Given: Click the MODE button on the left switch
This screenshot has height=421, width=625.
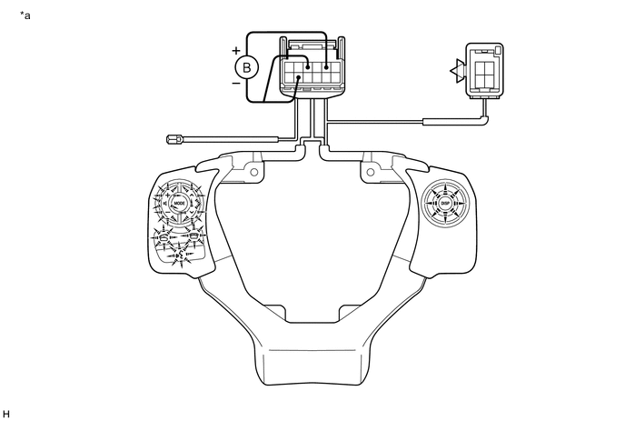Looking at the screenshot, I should (x=178, y=202).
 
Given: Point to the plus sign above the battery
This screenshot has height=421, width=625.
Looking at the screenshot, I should (x=236, y=50).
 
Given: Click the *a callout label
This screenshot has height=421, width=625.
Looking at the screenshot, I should (x=25, y=15).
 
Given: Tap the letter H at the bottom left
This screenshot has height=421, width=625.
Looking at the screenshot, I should (x=7, y=413).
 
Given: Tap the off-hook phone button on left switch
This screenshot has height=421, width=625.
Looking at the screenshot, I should (x=164, y=238).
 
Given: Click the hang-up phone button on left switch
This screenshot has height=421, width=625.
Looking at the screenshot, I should (x=193, y=236).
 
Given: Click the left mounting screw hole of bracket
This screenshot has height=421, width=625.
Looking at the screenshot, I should (x=254, y=172).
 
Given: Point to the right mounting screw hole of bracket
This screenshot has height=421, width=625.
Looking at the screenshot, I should (x=371, y=172).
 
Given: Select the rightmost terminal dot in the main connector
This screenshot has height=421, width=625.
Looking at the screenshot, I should (x=325, y=66).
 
